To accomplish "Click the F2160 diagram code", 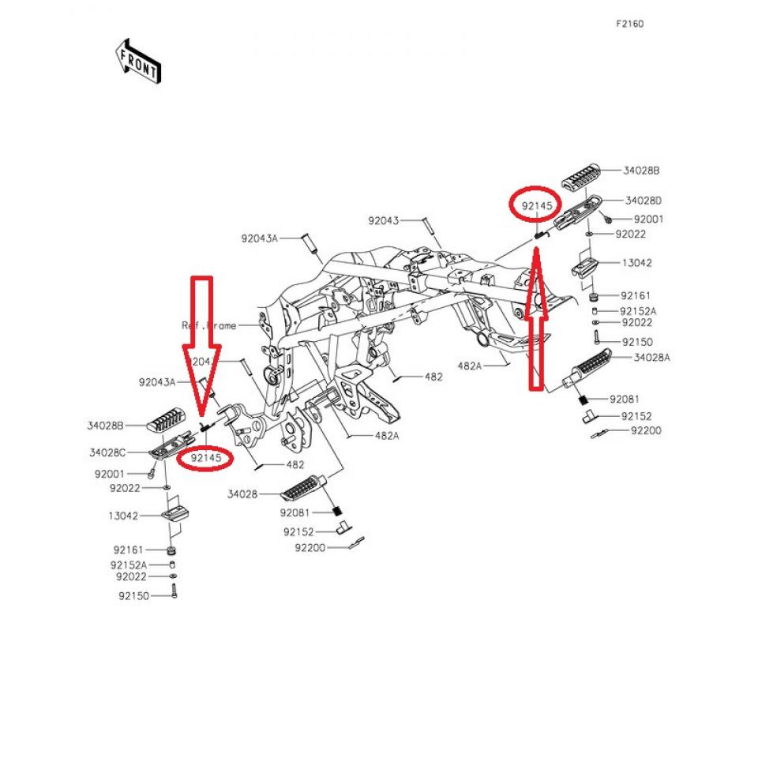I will tap(629, 24).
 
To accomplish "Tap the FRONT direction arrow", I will tap(138, 62).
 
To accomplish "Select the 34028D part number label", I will tap(643, 201).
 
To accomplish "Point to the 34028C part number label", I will tap(107, 453).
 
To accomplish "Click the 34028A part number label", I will tap(651, 357).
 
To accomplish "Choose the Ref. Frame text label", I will tap(208, 325).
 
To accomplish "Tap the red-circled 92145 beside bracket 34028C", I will tap(205, 457).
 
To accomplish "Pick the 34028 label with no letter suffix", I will tap(242, 494).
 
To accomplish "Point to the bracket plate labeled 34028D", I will tap(576, 212).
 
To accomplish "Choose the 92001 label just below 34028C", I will tap(110, 474).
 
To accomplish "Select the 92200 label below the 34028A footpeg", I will tap(645, 430).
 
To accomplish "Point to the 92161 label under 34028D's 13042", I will tap(636, 295).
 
